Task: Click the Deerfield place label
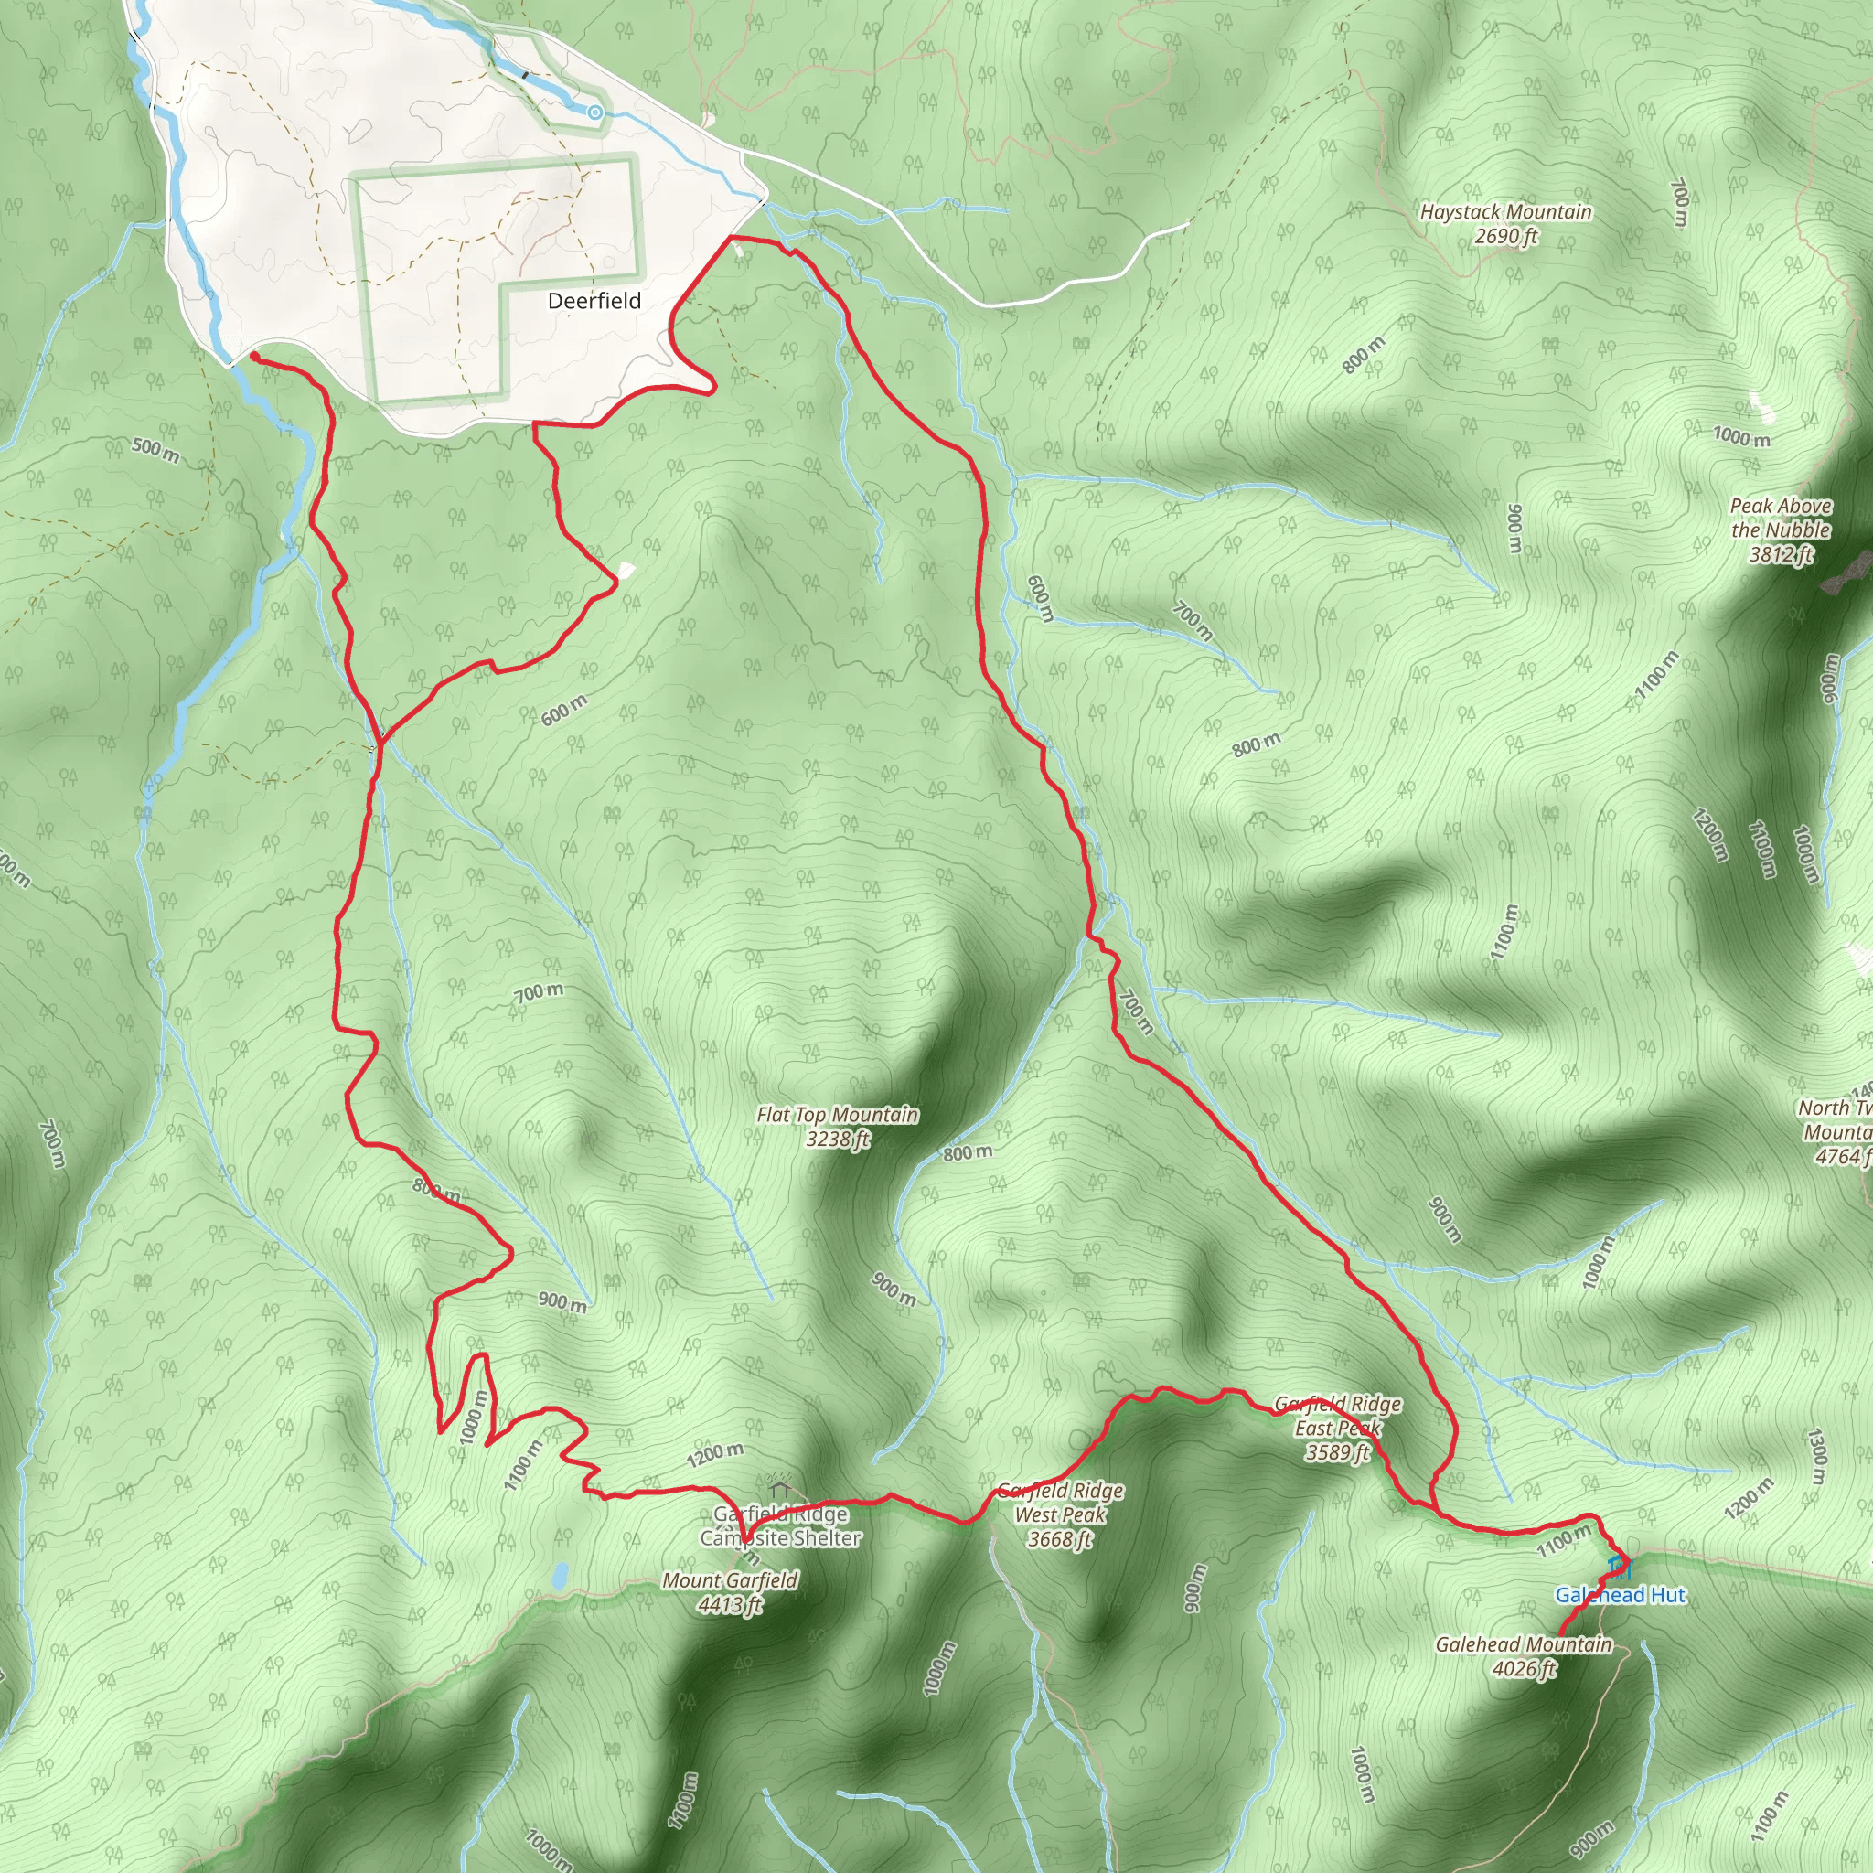point(594,301)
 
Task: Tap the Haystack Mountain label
point(1505,212)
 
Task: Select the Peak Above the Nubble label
point(1781,519)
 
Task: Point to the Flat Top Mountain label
point(838,1115)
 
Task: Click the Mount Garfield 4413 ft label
point(730,1593)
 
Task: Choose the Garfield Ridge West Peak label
point(1061,1514)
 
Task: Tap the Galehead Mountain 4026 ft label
point(1523,1656)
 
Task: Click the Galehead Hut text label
point(1621,1595)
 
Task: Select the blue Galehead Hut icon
point(1618,1566)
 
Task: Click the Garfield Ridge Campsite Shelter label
point(780,1526)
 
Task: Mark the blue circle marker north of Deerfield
point(595,113)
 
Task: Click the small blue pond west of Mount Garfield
point(560,1576)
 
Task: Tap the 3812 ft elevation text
point(1781,554)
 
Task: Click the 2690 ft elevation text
point(1505,237)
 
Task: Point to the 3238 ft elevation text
point(838,1140)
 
